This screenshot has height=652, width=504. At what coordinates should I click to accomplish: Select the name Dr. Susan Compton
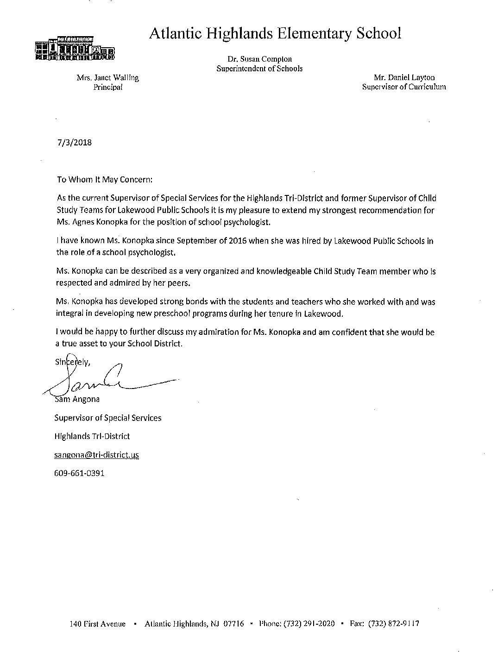click(259, 59)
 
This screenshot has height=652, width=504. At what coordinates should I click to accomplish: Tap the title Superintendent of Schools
click(259, 69)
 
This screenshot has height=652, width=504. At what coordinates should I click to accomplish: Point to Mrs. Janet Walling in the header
click(107, 78)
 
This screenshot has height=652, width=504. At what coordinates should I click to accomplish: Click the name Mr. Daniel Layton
click(404, 78)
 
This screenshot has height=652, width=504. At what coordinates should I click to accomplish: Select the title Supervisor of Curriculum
click(404, 87)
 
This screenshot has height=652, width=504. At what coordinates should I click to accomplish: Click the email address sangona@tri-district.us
click(96, 455)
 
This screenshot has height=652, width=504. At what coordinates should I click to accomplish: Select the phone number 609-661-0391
click(79, 473)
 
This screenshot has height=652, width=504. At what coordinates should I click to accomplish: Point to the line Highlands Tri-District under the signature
click(92, 436)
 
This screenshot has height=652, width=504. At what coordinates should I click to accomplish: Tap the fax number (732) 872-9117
click(394, 624)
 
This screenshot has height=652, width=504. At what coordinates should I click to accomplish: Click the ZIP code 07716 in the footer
click(233, 624)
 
